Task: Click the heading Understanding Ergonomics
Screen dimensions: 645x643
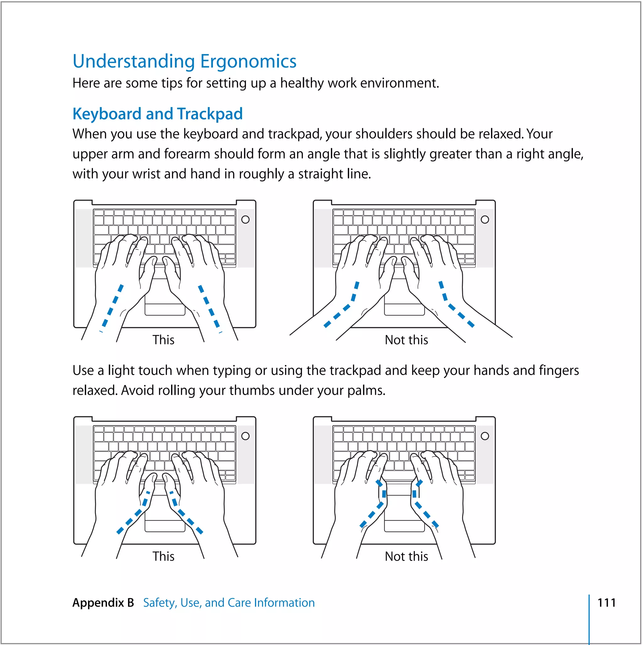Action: [184, 62]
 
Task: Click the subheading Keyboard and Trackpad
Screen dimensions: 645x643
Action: [157, 114]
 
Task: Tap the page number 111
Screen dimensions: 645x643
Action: [606, 603]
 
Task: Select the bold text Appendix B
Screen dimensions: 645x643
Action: [103, 603]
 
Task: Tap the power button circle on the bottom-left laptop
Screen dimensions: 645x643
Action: [246, 436]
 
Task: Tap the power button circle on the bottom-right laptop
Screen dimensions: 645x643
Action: [485, 436]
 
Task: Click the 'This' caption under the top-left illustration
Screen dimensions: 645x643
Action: [163, 340]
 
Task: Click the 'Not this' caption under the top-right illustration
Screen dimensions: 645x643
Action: [406, 340]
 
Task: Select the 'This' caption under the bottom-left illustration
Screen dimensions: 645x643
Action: [163, 556]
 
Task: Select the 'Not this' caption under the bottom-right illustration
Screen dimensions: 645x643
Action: [406, 556]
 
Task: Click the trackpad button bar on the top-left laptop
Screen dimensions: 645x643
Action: [165, 310]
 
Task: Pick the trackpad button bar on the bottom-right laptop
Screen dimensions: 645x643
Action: [404, 527]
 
